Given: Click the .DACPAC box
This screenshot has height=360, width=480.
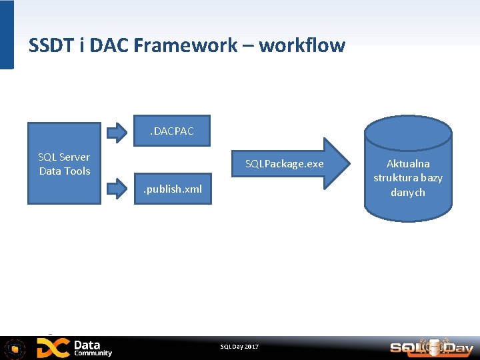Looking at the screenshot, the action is (x=172, y=131).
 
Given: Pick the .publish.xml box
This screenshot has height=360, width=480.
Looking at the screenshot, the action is (x=173, y=189).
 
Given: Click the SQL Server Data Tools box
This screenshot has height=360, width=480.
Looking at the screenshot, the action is (x=64, y=163).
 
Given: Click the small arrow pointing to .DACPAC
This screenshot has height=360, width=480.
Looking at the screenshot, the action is (x=117, y=131).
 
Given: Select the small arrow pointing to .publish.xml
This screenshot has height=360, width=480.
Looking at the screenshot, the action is (x=117, y=189).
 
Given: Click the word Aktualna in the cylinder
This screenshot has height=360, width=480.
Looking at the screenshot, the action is (x=408, y=163).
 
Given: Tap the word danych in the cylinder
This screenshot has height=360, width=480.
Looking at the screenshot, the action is (x=408, y=193).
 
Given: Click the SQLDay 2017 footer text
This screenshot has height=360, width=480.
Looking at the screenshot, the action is (x=239, y=347).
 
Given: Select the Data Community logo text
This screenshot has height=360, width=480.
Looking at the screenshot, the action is (x=93, y=348).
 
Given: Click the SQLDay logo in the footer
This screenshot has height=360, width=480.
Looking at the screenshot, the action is (x=431, y=347).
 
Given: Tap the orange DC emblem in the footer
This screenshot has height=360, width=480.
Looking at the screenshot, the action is (x=53, y=348).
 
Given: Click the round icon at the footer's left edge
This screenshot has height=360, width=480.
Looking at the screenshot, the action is (x=15, y=348).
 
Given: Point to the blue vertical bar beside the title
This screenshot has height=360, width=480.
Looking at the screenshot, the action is (x=7, y=35).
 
